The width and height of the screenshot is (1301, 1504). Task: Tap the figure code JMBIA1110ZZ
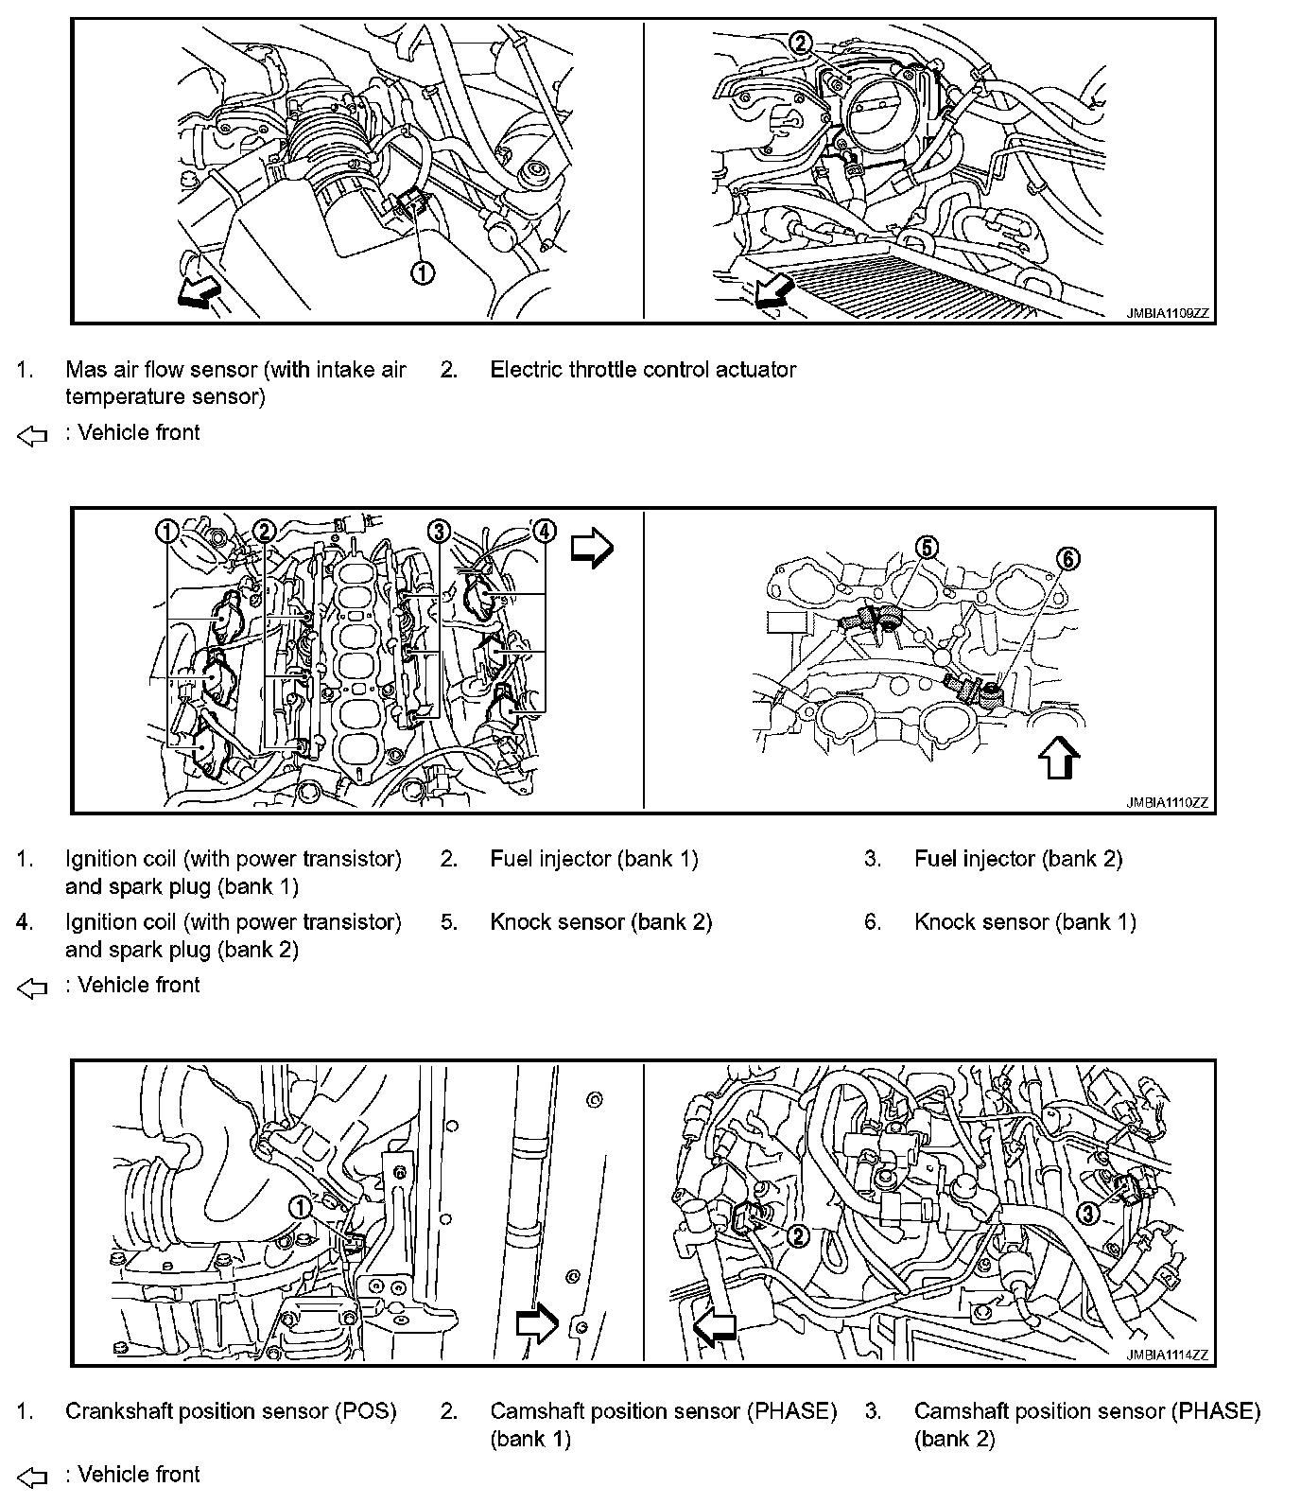coord(1167,802)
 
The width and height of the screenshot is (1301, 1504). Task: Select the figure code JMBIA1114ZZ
coord(1167,1355)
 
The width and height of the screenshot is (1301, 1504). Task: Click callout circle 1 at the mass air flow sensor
coord(422,272)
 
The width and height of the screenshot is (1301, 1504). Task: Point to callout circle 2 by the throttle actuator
coord(800,42)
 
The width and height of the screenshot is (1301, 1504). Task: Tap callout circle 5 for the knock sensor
coord(927,547)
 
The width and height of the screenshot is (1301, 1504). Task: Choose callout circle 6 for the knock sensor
coord(1067,559)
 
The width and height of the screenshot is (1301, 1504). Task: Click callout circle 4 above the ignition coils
coord(545,531)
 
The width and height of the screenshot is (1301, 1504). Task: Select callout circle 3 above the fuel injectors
coord(438,531)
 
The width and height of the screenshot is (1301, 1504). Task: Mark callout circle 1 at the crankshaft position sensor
coord(299,1206)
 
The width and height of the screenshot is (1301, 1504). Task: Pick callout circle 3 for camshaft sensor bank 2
coord(1087,1212)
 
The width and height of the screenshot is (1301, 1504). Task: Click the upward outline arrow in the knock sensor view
coord(1058,758)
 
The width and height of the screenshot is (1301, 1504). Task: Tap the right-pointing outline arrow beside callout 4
coord(593,548)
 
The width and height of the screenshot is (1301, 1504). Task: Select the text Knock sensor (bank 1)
coord(1025,922)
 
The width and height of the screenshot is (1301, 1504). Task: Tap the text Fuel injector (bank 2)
coord(1017,859)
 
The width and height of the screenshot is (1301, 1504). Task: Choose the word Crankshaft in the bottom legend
coord(119,1411)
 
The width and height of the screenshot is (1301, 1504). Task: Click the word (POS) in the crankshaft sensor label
coord(366,1411)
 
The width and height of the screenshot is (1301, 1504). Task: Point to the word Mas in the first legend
coord(84,370)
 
